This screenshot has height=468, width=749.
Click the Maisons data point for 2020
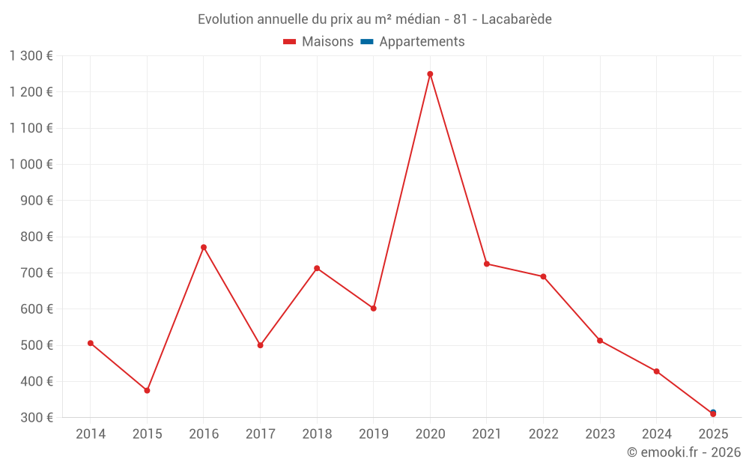(430, 74)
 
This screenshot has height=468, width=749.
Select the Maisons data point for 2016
(204, 247)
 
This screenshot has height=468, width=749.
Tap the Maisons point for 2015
(147, 390)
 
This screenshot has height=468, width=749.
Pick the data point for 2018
(317, 268)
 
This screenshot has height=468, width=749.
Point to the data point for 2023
(600, 341)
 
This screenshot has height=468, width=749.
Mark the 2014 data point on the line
(91, 343)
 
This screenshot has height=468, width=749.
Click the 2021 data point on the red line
(487, 264)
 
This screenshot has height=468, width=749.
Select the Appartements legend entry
(422, 42)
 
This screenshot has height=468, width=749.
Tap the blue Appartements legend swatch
(367, 42)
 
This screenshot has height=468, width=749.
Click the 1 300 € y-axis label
(31, 56)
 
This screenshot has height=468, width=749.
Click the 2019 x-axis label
(374, 434)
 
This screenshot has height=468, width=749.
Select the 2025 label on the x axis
(713, 434)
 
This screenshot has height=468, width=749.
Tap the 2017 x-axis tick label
(260, 434)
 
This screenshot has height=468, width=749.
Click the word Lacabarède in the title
(516, 19)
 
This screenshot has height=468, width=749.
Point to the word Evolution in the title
(225, 19)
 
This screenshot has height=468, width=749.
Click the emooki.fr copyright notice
(684, 452)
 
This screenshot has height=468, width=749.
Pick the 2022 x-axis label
(543, 434)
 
